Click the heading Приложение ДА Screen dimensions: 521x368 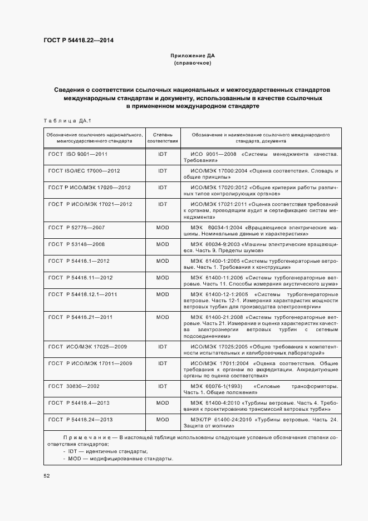coord(192,56)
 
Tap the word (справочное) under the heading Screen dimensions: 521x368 coord(192,63)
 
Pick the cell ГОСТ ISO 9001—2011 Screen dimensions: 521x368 coord(78,153)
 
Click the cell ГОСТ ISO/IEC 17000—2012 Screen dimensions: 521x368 coord(84,170)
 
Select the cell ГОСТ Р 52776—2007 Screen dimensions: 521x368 coord(76,228)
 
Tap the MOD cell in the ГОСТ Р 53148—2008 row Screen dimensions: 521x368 coord(163,244)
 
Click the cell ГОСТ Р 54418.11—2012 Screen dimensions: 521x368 coord(81,278)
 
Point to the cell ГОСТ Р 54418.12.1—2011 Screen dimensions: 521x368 coord(83,294)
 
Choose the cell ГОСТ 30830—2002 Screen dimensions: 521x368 coord(75,385)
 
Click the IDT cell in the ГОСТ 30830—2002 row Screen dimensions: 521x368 coord(163,385)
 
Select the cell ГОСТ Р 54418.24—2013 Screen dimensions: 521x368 coord(81,419)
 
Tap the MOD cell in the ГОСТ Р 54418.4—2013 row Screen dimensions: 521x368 coord(163,402)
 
